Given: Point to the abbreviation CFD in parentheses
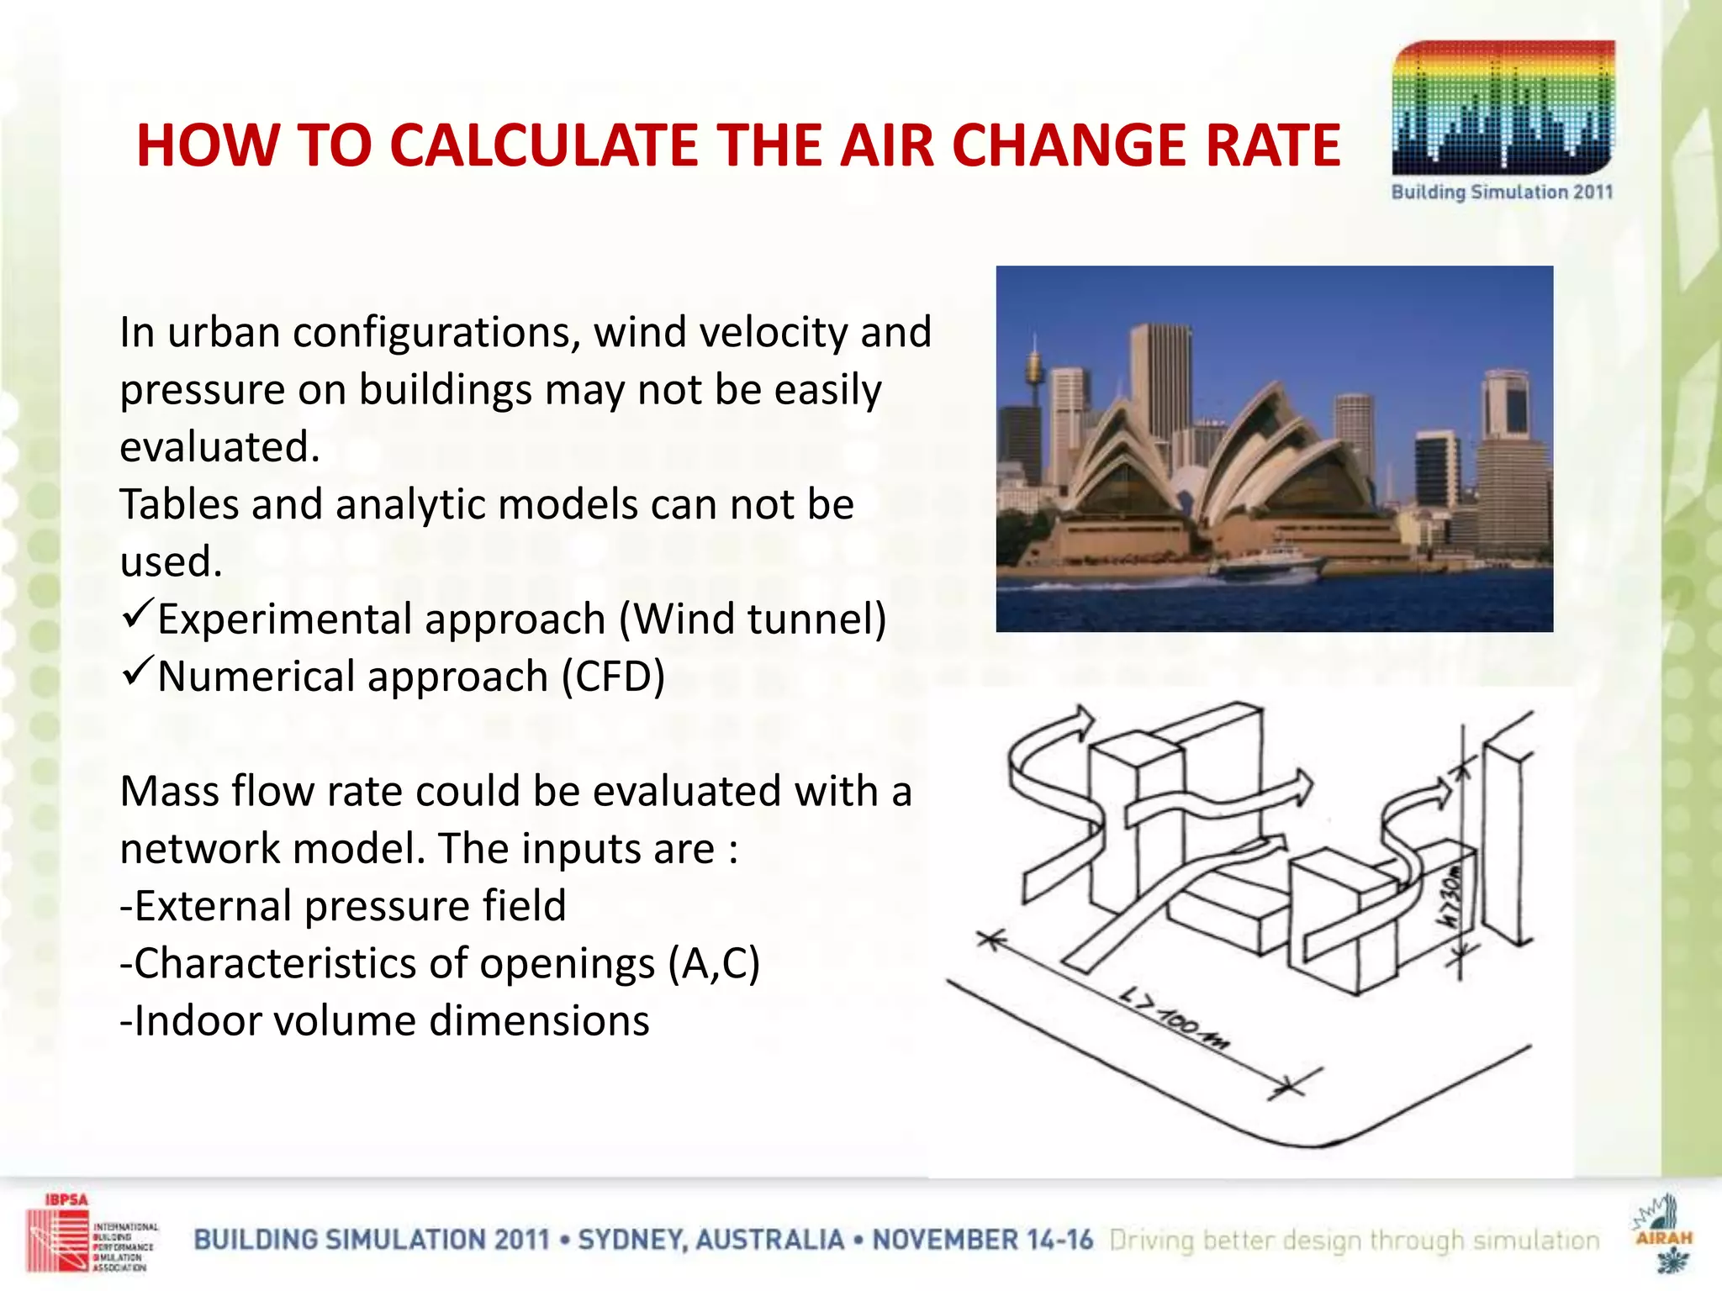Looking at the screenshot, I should point(615,677).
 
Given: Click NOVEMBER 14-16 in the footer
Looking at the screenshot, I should point(982,1240).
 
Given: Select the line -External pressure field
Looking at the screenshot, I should point(343,906).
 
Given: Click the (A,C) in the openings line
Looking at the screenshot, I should point(714,963).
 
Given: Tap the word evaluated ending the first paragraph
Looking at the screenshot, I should point(219,447).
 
